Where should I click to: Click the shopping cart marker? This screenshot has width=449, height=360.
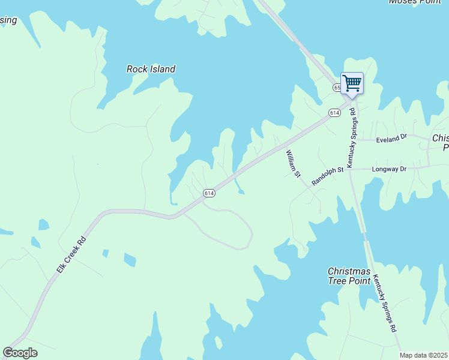point(352,83)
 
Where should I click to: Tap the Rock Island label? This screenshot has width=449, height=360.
point(151,69)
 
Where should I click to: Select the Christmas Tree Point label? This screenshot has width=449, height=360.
point(351,276)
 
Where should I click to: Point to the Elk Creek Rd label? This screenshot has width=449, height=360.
point(72,256)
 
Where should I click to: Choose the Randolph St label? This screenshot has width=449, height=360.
point(327,176)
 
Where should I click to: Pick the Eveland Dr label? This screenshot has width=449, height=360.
point(391,139)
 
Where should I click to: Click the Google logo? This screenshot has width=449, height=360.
point(20,353)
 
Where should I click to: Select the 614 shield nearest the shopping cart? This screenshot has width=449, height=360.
point(334,113)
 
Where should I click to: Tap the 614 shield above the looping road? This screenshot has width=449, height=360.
point(208,193)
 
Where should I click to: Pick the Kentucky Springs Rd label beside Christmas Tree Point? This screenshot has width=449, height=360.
point(385,303)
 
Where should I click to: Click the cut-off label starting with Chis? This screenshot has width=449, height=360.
point(441,142)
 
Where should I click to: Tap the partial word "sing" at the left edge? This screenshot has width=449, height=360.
point(8,21)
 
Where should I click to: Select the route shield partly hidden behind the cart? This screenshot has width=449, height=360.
point(337,88)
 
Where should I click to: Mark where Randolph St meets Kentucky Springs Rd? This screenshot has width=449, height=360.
point(349,170)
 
